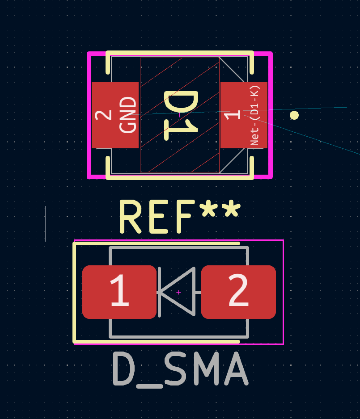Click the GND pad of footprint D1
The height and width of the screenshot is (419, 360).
[115, 115]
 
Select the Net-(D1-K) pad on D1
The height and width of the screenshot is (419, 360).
[244, 115]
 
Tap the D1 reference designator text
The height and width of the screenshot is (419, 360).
[181, 115]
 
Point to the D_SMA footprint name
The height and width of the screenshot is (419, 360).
[180, 369]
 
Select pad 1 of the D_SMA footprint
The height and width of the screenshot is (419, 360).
[119, 292]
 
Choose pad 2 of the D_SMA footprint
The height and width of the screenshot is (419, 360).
[238, 292]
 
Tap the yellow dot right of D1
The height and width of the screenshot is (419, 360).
[294, 115]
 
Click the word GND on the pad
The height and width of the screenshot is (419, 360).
[128, 115]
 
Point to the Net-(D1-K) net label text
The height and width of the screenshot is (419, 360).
[255, 115]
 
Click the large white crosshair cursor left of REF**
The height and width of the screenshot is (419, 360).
[45, 224]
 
